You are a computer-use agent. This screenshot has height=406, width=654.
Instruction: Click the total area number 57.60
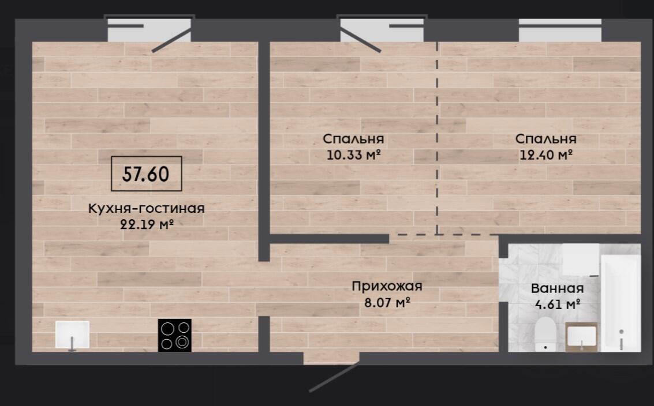145,174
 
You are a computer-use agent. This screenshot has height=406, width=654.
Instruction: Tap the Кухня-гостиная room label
147,208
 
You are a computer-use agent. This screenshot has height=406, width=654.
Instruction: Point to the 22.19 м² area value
147,224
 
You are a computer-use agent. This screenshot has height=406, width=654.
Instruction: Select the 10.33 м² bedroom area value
354,155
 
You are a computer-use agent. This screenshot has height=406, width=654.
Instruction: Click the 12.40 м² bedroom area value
546,155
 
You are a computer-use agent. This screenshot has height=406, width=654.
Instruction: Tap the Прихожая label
387,287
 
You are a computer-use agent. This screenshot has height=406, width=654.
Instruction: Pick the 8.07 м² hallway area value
387,302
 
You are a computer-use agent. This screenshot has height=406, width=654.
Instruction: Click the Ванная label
557,288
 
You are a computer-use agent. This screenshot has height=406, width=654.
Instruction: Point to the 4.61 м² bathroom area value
558,304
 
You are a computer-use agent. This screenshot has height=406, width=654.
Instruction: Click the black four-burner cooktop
175,335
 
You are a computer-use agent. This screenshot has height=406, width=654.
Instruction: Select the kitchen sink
73,334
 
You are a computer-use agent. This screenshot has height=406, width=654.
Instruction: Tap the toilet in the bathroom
545,334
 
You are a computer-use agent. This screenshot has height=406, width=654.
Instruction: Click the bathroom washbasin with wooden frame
581,337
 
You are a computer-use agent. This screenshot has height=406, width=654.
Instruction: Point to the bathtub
620,302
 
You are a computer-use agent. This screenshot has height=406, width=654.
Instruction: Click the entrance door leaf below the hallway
334,378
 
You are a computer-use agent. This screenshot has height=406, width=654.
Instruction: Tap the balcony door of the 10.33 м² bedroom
360,40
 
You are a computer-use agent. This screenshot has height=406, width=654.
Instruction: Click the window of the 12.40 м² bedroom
560,30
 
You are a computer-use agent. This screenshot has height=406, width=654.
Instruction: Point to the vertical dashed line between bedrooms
437,138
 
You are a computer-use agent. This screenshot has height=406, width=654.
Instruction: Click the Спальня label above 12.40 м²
545,139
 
